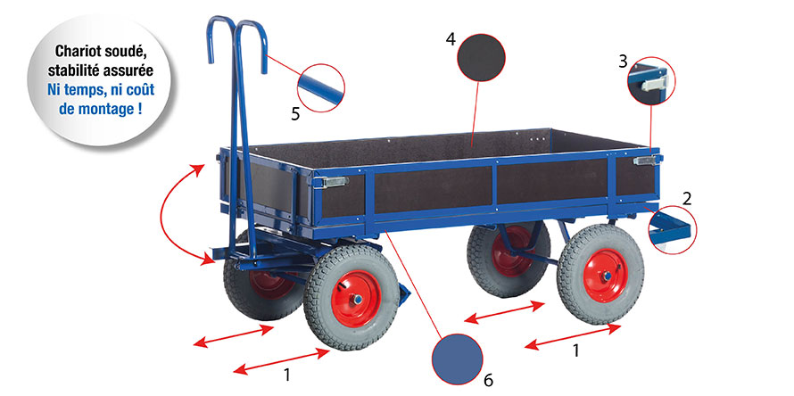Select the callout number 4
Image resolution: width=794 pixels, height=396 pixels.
(x=451, y=39)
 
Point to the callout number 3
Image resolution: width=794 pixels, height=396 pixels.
(x=623, y=62)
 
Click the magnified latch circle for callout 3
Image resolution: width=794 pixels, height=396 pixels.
(x=651, y=81)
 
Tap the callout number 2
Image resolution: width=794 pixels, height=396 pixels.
(x=686, y=199)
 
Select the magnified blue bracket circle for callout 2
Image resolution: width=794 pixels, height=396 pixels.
(x=673, y=229)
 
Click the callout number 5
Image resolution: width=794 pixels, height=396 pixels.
(x=295, y=113)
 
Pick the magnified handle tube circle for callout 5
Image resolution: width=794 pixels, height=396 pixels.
(x=321, y=87)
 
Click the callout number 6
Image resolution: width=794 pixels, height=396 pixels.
(x=488, y=380)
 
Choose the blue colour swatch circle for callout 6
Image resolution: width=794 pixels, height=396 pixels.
(x=457, y=359)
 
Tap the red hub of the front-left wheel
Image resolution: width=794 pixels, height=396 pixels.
(x=356, y=299)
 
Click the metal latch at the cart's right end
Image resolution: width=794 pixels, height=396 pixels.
(x=647, y=160)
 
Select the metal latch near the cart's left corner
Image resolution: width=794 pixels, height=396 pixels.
(x=331, y=181)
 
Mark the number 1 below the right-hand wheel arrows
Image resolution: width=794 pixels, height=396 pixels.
(x=575, y=350)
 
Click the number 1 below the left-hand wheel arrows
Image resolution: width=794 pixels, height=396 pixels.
(x=287, y=375)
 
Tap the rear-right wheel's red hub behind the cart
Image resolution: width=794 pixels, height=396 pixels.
(x=511, y=251)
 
